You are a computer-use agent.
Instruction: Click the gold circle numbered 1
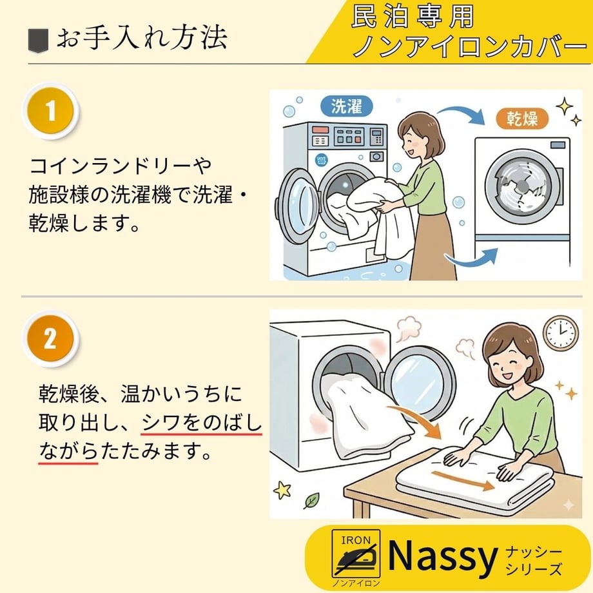[x=50, y=111]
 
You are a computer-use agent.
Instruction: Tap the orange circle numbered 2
[x=50, y=338]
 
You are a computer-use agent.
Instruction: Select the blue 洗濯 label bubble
[x=346, y=106]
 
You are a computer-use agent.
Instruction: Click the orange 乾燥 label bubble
[x=522, y=119]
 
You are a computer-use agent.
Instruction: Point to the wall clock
[x=561, y=333]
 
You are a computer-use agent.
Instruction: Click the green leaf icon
[x=311, y=500]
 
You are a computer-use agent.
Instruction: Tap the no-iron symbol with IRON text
[x=356, y=554]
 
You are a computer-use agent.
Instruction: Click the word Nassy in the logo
[x=442, y=555]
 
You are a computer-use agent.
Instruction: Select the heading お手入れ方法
[x=142, y=38]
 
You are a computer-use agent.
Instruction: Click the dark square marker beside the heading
[x=38, y=41]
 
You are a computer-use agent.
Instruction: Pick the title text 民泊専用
[x=413, y=17]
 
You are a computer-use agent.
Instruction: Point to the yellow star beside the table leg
[x=282, y=490]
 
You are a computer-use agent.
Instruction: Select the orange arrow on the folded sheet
[x=463, y=481]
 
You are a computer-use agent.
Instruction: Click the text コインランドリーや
[x=121, y=166]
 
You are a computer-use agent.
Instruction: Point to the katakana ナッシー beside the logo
[x=534, y=552]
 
